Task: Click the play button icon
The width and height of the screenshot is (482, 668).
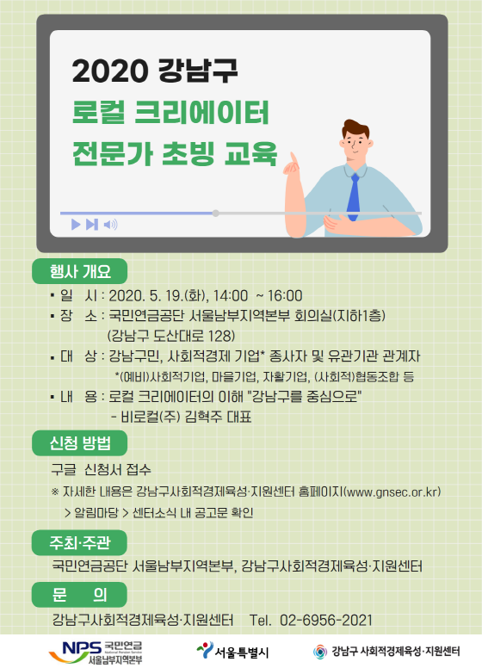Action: (x=76, y=224)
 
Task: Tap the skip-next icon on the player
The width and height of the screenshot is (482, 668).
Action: (x=92, y=224)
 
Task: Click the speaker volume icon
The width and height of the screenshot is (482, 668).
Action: (x=111, y=224)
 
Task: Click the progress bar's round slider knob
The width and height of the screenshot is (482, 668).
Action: (x=216, y=213)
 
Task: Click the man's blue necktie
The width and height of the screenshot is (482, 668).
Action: (x=354, y=197)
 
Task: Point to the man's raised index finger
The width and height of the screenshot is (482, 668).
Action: (x=294, y=158)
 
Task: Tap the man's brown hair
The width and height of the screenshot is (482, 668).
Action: (x=355, y=128)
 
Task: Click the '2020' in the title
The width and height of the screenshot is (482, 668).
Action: (x=110, y=71)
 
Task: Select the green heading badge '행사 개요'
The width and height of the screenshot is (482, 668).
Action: (x=80, y=271)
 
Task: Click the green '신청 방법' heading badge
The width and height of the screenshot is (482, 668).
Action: (x=80, y=443)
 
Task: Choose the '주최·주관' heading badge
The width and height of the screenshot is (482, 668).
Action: (x=80, y=542)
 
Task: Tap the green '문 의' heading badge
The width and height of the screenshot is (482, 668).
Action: (x=80, y=594)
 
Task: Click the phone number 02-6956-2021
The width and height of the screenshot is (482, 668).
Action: (x=325, y=621)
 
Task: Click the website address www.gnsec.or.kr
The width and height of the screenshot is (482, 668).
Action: (x=392, y=492)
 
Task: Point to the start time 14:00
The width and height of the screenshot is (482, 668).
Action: (x=231, y=295)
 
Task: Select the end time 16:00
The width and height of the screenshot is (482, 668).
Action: (x=285, y=295)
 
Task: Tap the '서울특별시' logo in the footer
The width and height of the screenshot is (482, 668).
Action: (x=232, y=652)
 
